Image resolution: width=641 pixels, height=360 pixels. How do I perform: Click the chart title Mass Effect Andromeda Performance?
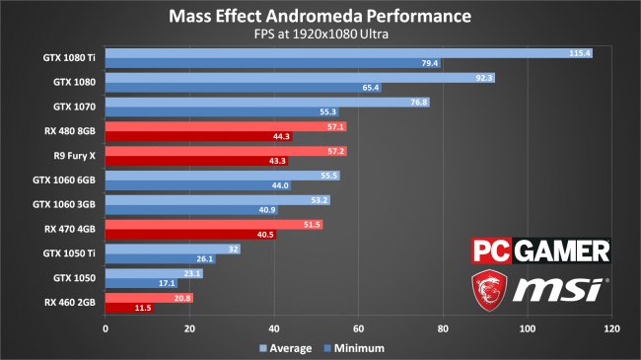coord(320,17)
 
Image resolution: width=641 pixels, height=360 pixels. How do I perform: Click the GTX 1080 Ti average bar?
coord(335,53)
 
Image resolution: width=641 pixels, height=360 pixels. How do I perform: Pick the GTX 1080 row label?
coord(74,83)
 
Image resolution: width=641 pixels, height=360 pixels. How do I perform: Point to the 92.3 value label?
coord(482,77)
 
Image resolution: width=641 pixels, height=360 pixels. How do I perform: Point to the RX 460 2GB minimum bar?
coord(128,309)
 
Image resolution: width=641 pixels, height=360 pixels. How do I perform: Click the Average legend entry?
coord(285,348)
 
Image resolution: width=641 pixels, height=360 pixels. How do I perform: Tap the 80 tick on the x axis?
coord(443,328)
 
